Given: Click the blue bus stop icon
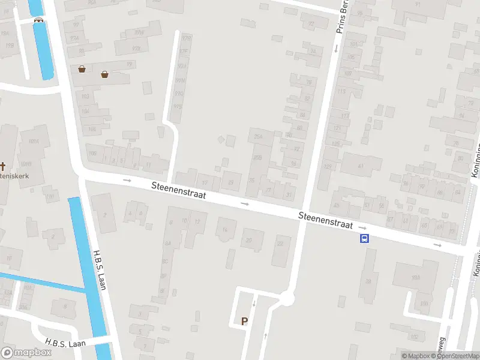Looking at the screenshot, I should click(364, 238).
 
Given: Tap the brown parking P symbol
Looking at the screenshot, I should click(244, 321).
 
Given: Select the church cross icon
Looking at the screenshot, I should click(3, 166).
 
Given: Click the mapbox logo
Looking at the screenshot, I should click(26, 353).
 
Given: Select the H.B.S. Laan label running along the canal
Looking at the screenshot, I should click(100, 270).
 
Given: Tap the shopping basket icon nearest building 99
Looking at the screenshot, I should click(105, 74).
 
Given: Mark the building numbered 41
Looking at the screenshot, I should click(361, 166).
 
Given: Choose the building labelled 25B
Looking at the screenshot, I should click(258, 157).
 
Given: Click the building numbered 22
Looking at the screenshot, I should click(280, 244).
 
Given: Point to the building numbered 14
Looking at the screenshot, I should click(226, 230).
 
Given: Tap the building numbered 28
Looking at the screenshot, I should click(368, 281).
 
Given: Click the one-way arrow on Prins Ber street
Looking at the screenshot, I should click(335, 49).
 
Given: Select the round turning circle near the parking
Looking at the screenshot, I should click(288, 298).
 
